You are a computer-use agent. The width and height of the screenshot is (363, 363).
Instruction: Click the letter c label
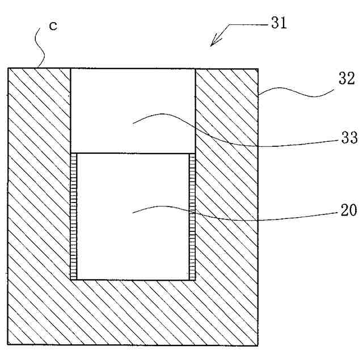pos(52,27)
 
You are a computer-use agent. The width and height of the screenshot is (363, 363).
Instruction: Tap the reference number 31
pos(278,23)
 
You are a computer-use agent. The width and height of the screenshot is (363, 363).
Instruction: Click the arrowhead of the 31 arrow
pos(212,43)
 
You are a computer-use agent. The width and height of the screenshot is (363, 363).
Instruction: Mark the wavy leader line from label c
pos(40,48)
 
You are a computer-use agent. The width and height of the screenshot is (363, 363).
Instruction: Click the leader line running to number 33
pos(238,139)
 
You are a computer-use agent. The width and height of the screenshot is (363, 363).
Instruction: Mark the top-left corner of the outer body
pos(9,69)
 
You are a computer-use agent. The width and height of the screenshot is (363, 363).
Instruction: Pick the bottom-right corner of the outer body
pos(259,345)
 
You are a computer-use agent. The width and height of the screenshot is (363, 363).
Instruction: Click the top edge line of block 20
pos(133,153)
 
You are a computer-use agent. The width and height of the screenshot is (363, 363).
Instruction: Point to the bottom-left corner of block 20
pos(77,280)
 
